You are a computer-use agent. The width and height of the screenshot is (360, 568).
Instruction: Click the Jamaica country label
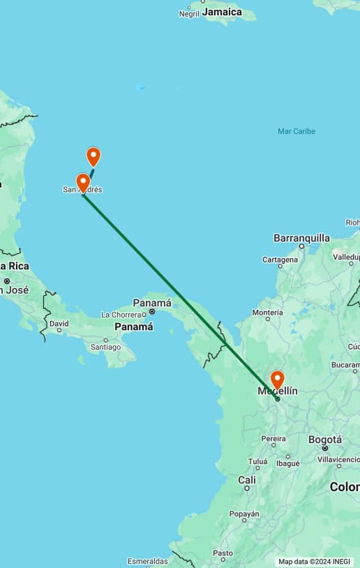(222, 12)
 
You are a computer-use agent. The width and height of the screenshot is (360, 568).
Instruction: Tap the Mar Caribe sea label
(297, 131)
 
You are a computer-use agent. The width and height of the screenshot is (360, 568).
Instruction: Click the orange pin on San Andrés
(83, 182)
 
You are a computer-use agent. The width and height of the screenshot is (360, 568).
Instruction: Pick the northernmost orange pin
(93, 156)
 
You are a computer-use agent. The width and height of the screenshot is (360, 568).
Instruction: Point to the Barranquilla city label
(301, 238)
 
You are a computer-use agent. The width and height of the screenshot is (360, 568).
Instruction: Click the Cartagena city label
(280, 260)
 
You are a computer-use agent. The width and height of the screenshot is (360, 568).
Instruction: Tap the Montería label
(267, 313)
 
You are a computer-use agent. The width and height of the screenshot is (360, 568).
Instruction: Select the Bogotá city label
(325, 440)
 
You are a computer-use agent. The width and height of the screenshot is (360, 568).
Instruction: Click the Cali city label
(246, 480)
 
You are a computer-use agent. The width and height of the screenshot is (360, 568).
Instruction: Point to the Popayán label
(244, 514)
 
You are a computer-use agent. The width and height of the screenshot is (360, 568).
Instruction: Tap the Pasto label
(223, 553)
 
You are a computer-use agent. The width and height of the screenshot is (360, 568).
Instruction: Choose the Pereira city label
(273, 438)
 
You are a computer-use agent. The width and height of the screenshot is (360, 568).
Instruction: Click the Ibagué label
(287, 463)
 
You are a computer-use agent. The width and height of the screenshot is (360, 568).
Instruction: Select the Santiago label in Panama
(106, 347)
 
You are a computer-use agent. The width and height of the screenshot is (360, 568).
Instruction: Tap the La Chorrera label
(121, 315)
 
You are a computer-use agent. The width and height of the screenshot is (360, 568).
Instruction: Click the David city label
(59, 324)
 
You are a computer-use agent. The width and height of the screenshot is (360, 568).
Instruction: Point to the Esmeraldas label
(148, 561)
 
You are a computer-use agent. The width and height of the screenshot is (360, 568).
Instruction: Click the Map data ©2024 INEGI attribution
(315, 561)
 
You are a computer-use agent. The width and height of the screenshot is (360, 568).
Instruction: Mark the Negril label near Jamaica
(189, 13)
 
